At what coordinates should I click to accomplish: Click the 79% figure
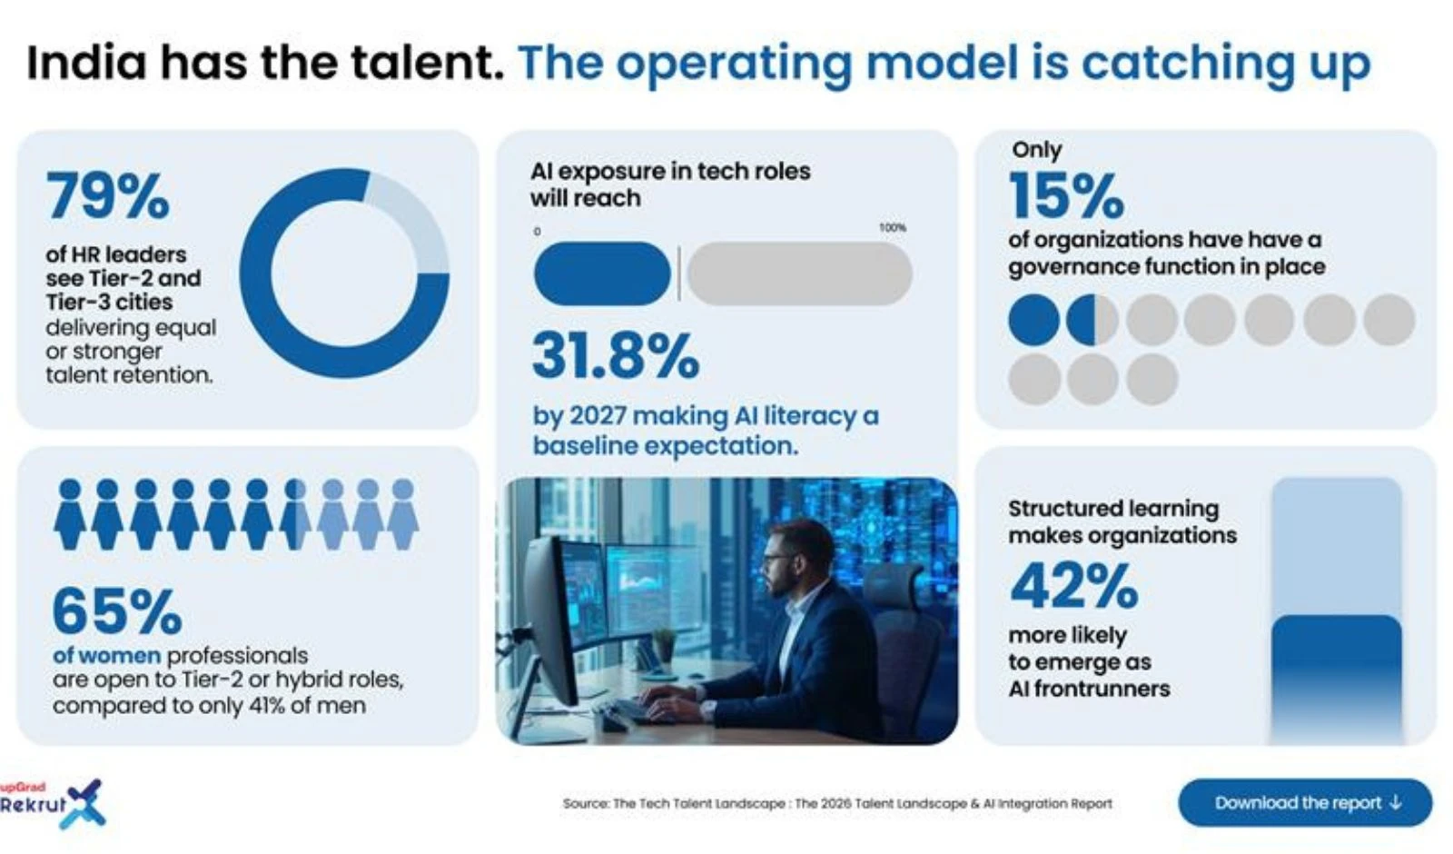108,195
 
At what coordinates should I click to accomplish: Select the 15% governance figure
1066,195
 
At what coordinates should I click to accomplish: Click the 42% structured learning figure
1074,586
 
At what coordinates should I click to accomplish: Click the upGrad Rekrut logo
54,803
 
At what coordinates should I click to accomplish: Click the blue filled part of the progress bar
602,273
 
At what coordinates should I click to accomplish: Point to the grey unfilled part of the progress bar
799,273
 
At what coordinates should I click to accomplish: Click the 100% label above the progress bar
892,228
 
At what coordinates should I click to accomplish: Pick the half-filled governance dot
1092,320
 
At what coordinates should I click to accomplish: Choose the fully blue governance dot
1034,320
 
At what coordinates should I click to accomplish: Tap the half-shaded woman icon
294,515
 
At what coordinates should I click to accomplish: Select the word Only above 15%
1036,150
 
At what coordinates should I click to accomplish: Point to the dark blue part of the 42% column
1336,672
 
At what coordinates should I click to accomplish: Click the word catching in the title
1186,63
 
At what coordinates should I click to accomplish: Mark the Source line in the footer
836,803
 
